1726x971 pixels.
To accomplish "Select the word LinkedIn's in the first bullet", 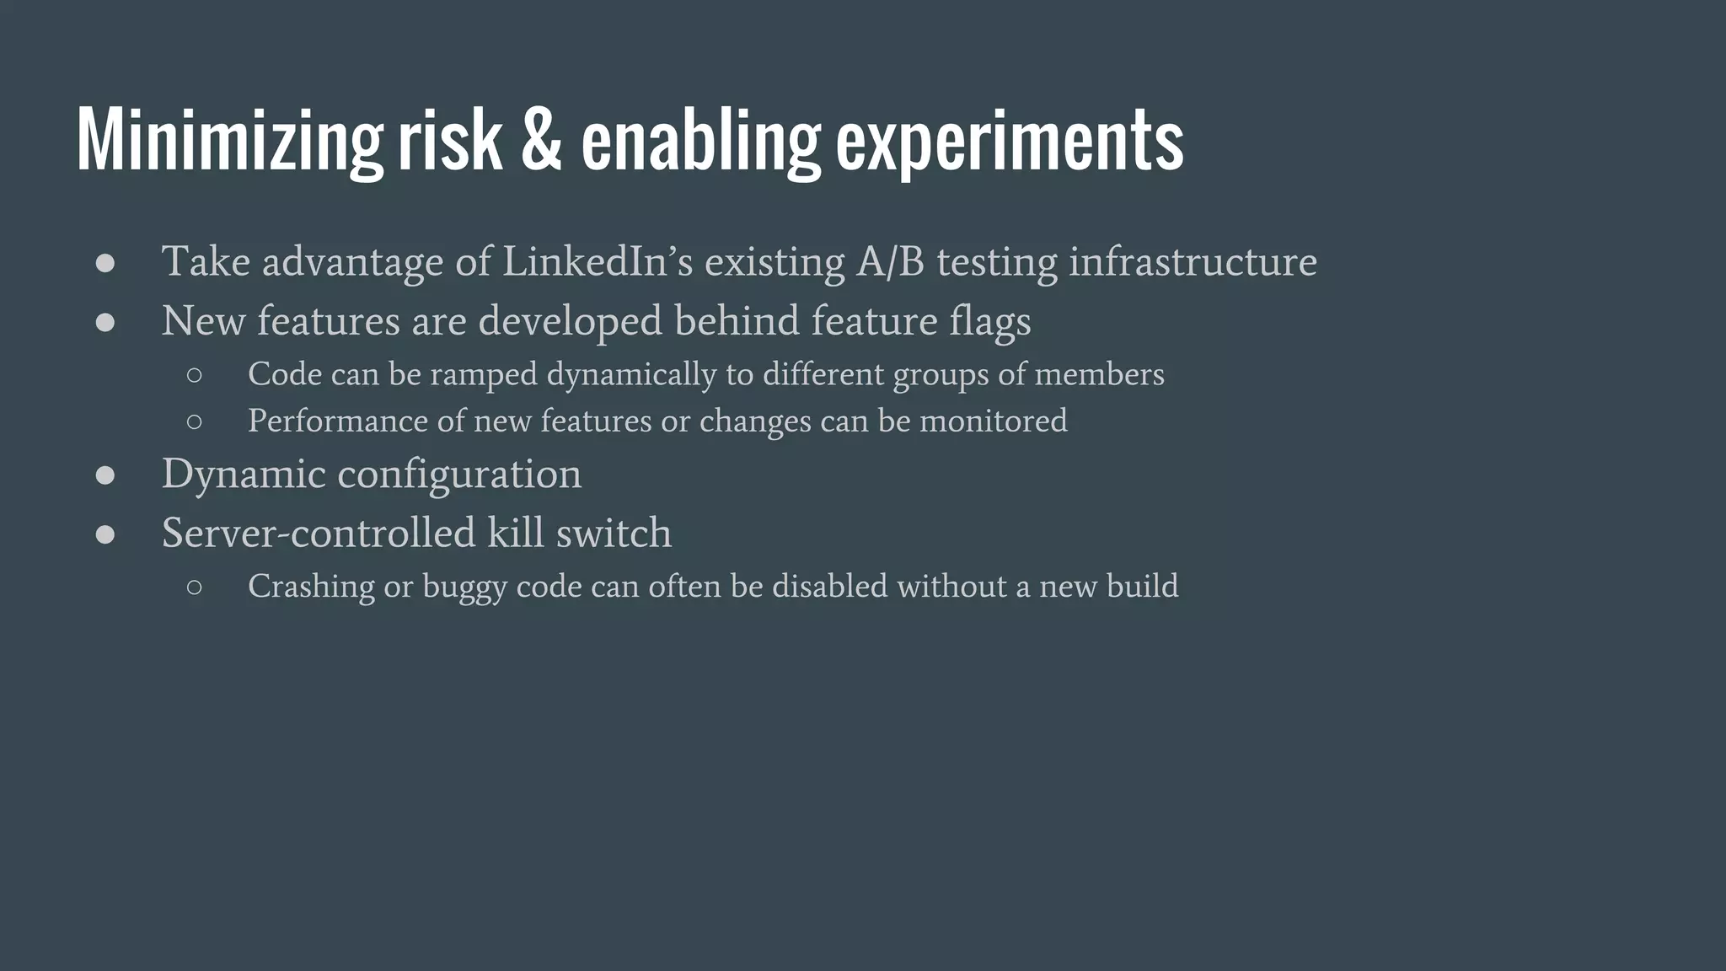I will tap(597, 261).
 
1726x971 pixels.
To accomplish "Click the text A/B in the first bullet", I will tap(890, 261).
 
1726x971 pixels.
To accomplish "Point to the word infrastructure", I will tap(1193, 261).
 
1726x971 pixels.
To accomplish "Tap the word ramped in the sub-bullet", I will tap(483, 375).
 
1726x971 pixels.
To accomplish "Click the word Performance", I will tap(337, 421).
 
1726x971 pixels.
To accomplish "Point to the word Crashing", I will tap(311, 587).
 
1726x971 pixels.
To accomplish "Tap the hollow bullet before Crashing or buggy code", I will tap(195, 587).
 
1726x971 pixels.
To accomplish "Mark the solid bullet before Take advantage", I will tap(105, 263).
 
